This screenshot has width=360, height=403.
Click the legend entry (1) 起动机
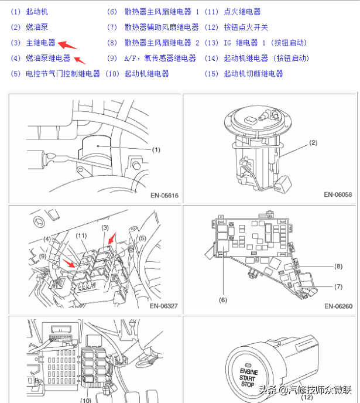(x=30, y=12)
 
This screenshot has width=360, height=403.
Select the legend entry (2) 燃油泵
(x=30, y=27)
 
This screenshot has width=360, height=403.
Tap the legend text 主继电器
(x=40, y=43)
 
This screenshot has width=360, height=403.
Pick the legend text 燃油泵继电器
(x=48, y=58)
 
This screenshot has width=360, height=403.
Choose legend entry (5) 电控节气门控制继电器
(x=56, y=74)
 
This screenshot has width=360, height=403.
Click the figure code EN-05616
(x=164, y=194)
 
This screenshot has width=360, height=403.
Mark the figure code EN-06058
(x=338, y=194)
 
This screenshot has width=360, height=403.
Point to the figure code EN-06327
(x=164, y=305)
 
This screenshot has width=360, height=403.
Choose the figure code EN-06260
(x=338, y=305)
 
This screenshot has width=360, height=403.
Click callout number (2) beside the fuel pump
(x=313, y=142)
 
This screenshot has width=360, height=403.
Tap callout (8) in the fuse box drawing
(x=338, y=267)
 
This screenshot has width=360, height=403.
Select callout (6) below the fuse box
(x=222, y=300)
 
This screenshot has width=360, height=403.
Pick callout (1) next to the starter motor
(x=156, y=150)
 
